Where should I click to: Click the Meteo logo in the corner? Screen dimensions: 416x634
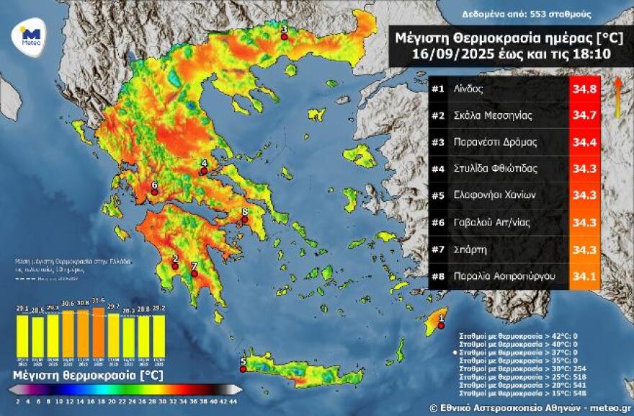(29, 35)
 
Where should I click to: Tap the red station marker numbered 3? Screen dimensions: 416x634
(284, 37)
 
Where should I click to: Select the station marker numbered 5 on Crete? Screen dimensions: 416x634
(243, 368)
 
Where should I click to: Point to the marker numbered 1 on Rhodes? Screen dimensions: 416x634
(442, 325)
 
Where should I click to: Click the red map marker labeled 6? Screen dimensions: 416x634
(154, 192)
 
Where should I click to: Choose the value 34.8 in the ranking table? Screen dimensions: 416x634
(584, 89)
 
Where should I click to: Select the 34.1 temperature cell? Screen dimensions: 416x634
(584, 275)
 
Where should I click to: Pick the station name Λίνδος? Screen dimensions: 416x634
(468, 89)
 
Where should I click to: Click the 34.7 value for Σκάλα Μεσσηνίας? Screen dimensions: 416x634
(584, 116)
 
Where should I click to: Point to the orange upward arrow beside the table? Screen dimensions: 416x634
(618, 97)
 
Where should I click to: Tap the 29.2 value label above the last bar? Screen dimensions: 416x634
(158, 308)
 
